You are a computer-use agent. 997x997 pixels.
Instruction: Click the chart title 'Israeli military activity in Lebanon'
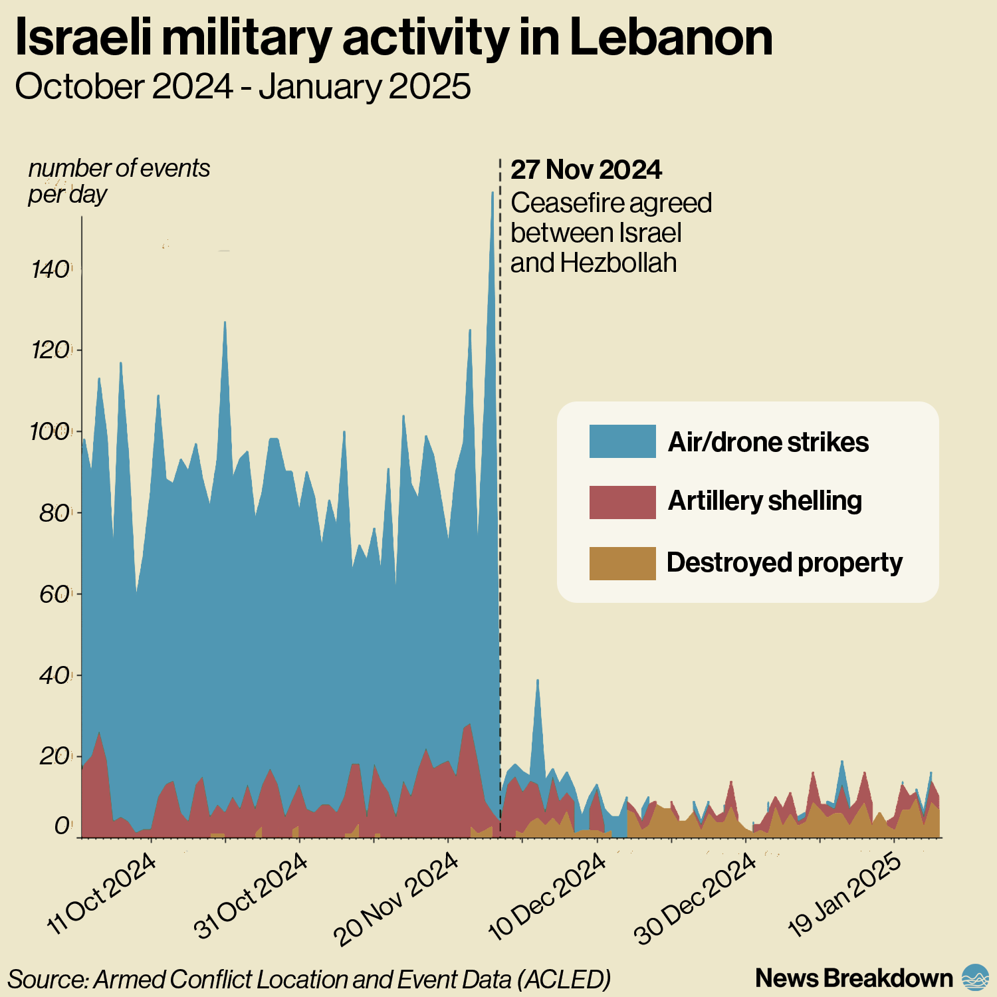pos(393,39)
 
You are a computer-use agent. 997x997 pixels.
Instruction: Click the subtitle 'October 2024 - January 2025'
pos(243,87)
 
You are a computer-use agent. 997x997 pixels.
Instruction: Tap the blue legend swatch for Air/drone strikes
pos(622,441)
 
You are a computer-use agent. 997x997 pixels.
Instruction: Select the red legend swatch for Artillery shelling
pos(622,502)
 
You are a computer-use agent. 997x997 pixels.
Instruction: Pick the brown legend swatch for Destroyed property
pos(622,563)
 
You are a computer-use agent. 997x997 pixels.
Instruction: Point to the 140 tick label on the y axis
pos(51,270)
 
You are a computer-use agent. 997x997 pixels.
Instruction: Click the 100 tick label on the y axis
pos(50,432)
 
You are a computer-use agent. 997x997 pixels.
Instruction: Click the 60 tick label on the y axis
pos(53,594)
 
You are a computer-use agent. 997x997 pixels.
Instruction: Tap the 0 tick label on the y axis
pos(62,826)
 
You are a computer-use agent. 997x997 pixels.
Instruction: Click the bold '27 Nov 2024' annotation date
pos(586,170)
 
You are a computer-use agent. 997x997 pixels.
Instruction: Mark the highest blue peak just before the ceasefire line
pos(493,195)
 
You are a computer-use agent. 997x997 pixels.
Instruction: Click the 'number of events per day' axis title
pos(119,181)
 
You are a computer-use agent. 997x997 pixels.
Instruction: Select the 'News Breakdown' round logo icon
pos(975,978)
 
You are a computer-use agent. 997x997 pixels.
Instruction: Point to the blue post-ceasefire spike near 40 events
pos(538,682)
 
